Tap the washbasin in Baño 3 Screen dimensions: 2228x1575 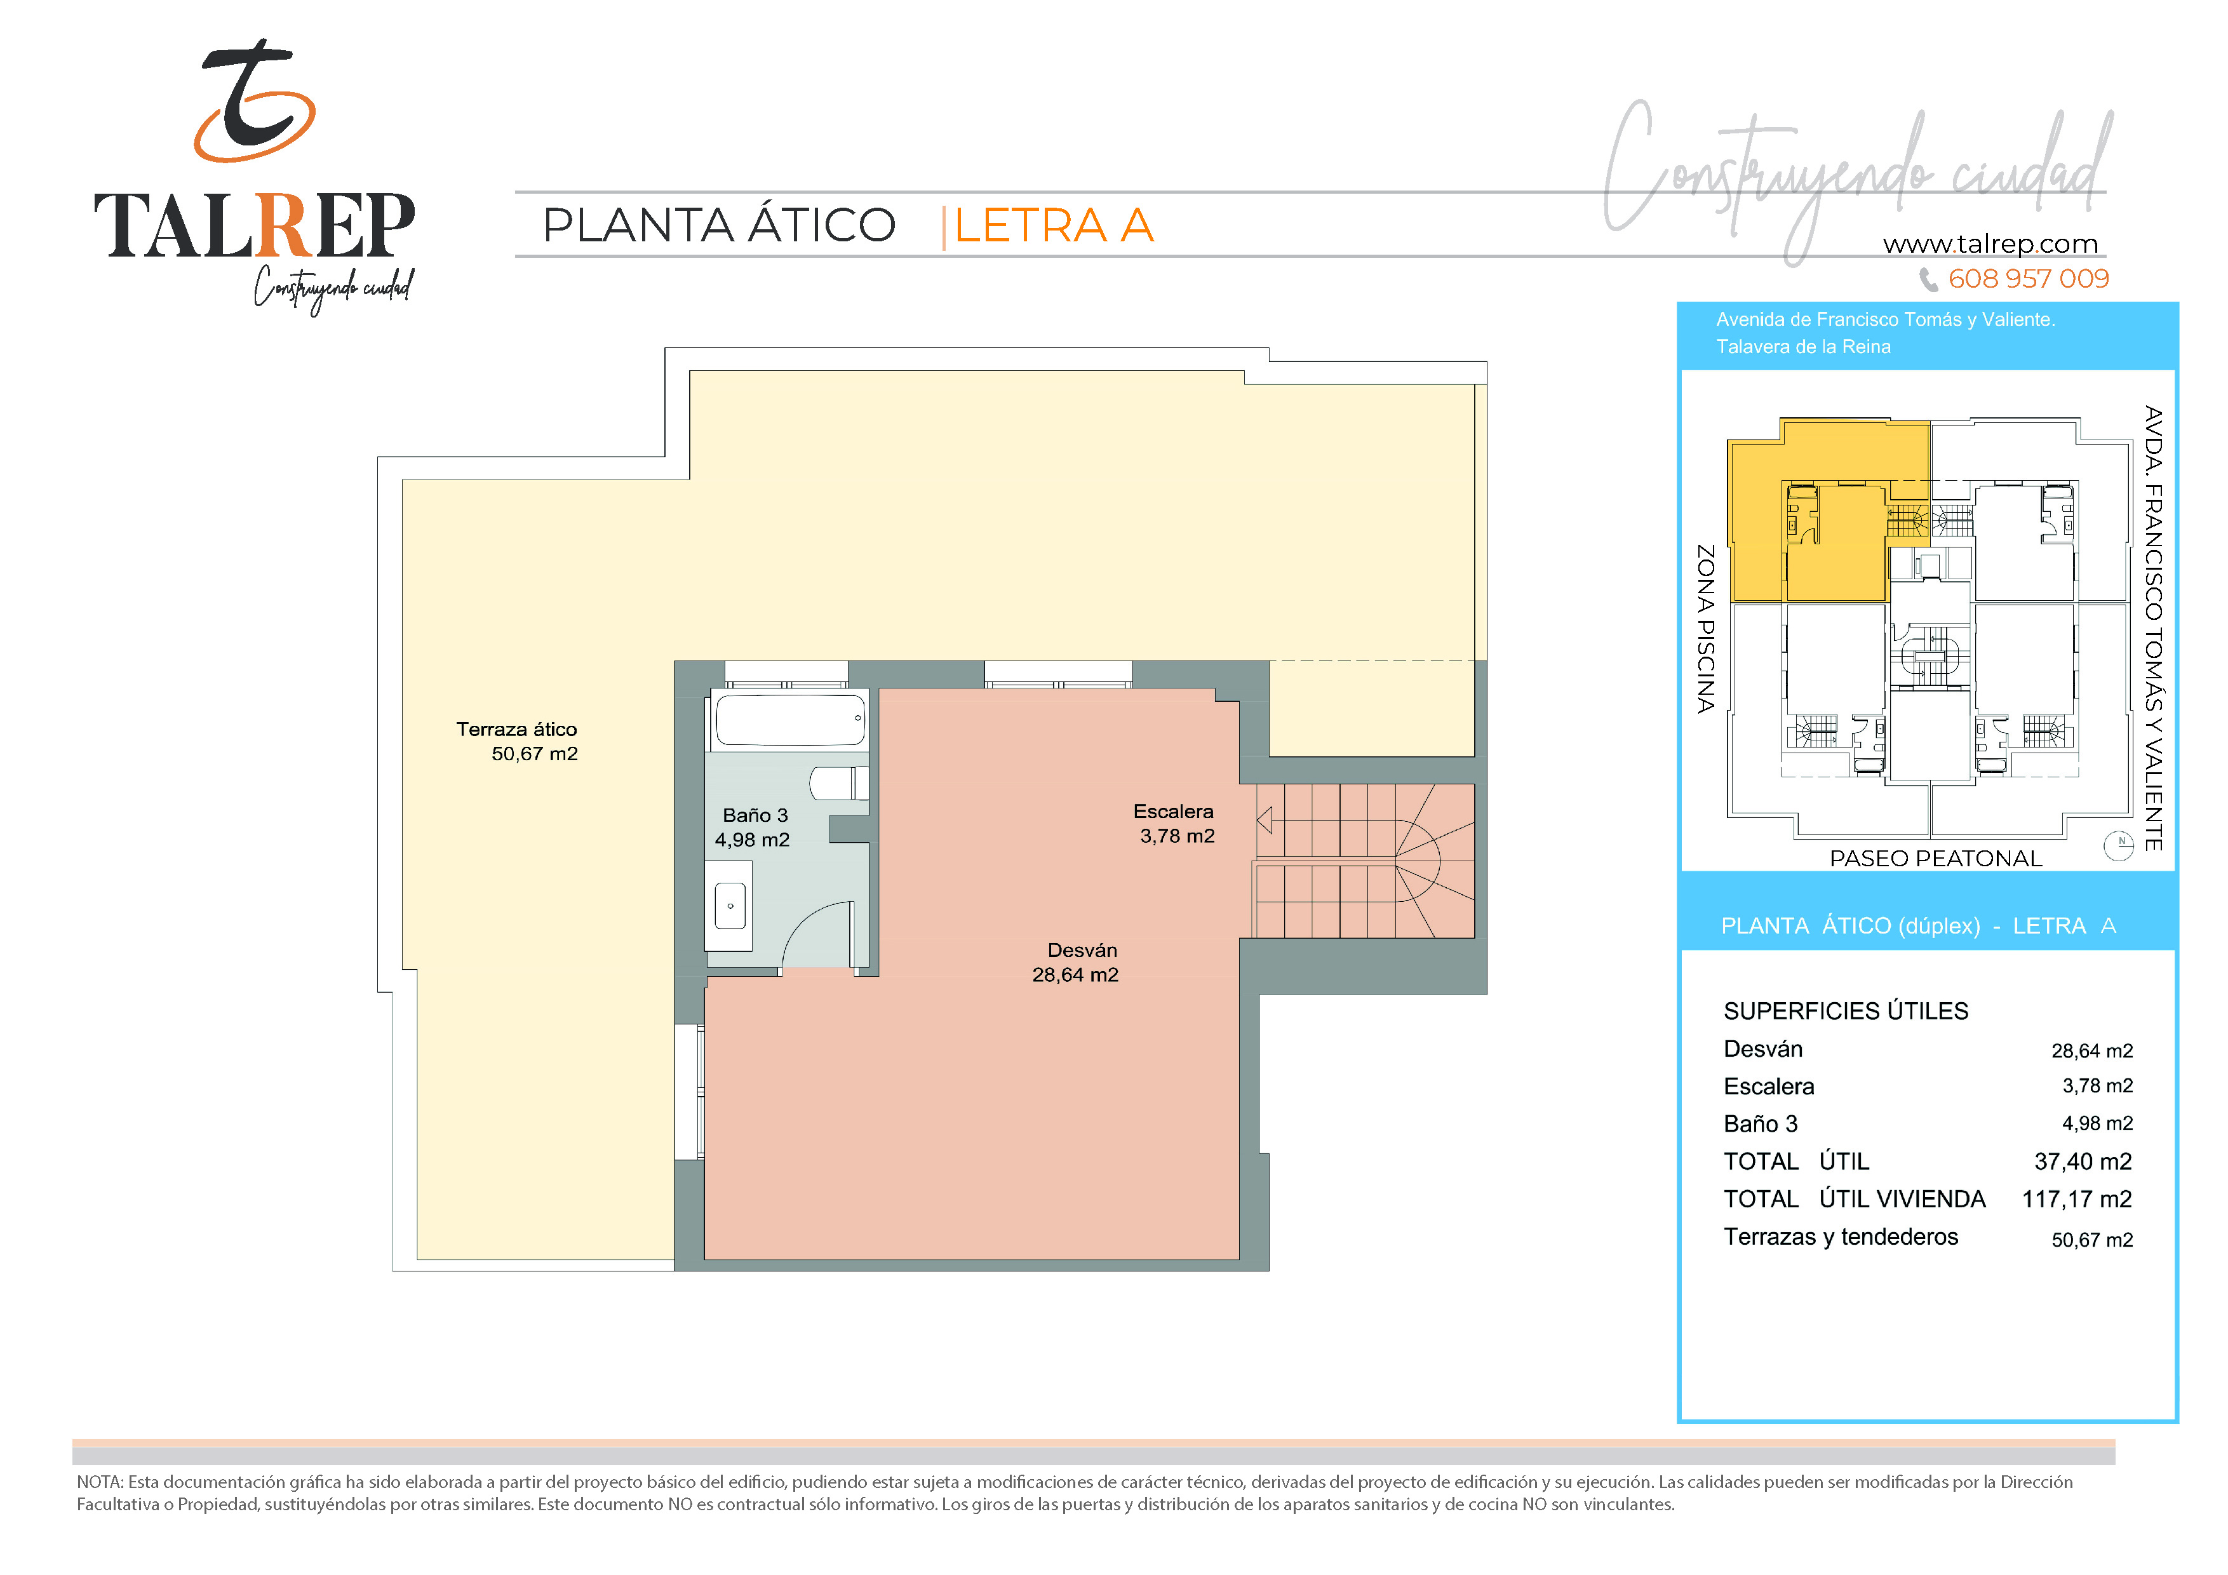[730, 906]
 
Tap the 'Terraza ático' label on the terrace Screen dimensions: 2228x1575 [516, 730]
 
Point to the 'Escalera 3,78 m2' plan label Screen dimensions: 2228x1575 [1174, 824]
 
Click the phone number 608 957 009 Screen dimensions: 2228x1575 [2028, 279]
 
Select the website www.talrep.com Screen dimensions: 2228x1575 [1990, 244]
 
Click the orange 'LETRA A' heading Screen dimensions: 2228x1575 [1054, 225]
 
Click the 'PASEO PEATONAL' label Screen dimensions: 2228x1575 [1936, 859]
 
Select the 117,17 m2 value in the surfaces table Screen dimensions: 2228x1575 [2077, 1200]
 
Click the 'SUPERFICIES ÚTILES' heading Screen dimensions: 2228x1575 [1846, 1011]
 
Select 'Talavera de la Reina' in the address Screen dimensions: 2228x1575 [1803, 347]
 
